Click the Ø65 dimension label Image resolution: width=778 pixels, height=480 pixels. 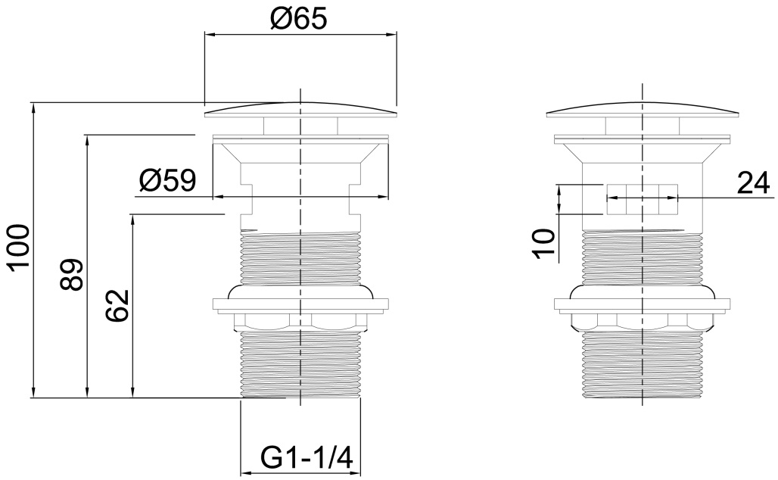pyautogui.click(x=299, y=20)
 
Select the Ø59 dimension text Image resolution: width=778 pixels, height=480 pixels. pyautogui.click(x=167, y=181)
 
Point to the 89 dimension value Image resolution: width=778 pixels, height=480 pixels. pyautogui.click(x=70, y=275)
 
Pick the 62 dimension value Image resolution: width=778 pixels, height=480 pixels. pyautogui.click(x=117, y=306)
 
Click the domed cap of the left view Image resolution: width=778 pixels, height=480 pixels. pyautogui.click(x=300, y=111)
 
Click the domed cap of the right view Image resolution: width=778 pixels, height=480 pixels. pyautogui.click(x=642, y=111)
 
